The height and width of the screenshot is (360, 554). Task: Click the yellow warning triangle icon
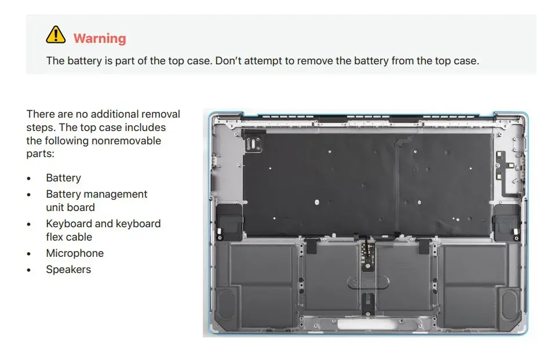[x=56, y=35]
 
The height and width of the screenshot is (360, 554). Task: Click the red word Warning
[x=100, y=38]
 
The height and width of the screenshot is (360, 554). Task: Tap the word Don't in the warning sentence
[x=228, y=61]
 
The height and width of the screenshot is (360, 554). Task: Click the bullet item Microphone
[x=75, y=253]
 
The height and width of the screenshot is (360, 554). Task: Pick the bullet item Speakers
[x=68, y=269]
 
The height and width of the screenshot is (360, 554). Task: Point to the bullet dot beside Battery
[x=28, y=179]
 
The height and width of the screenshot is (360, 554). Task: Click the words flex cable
[x=69, y=237]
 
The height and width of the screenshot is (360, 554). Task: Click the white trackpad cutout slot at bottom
[x=366, y=324]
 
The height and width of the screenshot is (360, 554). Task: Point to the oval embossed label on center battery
[x=368, y=282]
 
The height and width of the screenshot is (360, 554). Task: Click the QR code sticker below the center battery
[x=368, y=300]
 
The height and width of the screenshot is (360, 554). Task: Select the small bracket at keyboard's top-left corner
[x=253, y=141]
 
